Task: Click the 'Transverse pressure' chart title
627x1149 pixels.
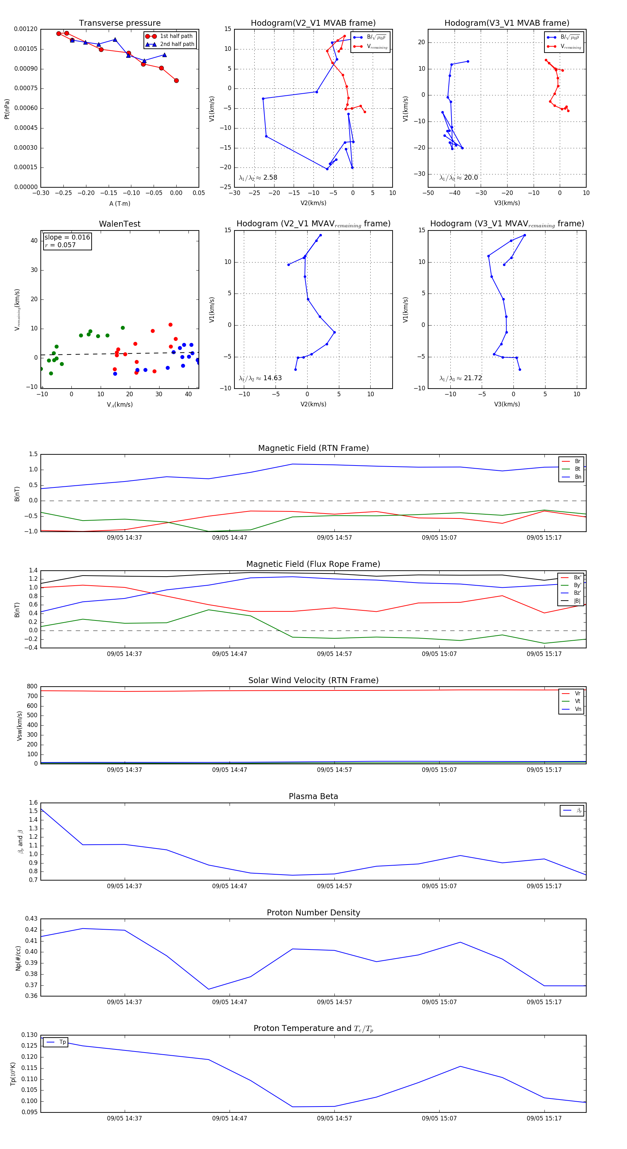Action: tap(119, 23)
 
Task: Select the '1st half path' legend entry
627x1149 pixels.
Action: tap(176, 36)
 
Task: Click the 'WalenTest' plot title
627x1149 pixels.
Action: tap(119, 224)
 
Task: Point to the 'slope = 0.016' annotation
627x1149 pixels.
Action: tap(67, 237)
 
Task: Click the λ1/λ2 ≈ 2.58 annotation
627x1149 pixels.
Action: tap(258, 178)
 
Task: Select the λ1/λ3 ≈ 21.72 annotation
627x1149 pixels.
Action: tap(460, 378)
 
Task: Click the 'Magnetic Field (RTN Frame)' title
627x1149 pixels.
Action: tap(313, 448)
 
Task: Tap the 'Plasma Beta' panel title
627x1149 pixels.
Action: tap(313, 797)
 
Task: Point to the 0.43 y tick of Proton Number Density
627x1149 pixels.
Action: tap(31, 919)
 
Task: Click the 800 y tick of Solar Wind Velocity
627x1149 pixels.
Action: tap(32, 687)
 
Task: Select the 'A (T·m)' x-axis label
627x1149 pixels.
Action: tap(119, 204)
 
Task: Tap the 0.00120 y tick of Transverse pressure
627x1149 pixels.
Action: tap(25, 29)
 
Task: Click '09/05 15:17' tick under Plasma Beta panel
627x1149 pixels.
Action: tap(544, 886)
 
